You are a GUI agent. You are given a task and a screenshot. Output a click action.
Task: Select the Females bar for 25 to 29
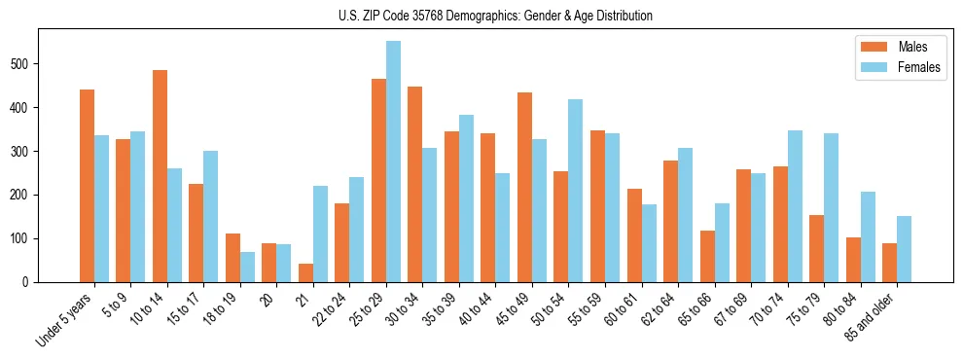pyautogui.click(x=393, y=162)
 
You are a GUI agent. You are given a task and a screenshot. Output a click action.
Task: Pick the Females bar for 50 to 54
pyautogui.click(x=576, y=191)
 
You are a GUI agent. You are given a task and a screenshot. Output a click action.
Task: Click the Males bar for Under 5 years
pyautogui.click(x=87, y=186)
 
